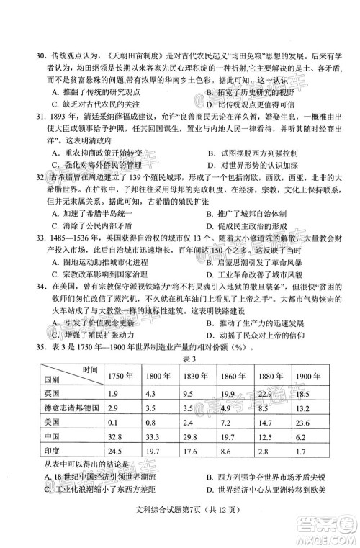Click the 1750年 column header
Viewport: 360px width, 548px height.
120,377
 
